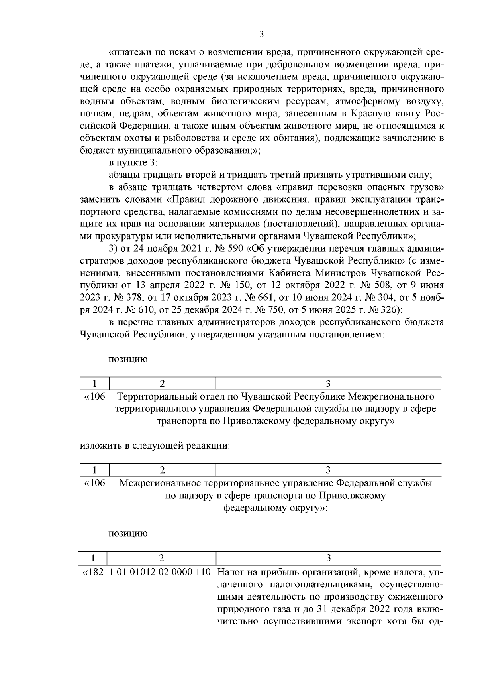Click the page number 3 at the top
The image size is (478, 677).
262,34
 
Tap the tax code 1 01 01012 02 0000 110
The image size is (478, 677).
160,572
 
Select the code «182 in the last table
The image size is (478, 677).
93,572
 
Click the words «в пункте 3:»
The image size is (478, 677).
133,163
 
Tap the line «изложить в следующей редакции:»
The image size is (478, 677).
155,445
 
